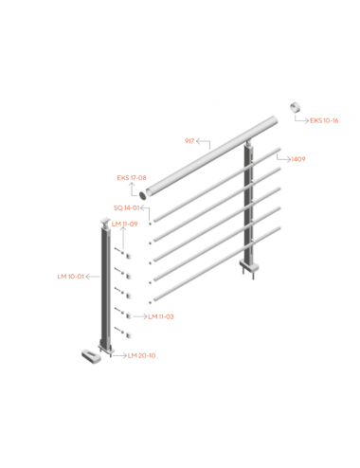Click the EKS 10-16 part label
tap(324, 120)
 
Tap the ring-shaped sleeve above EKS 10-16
tap(296, 107)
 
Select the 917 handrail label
tap(189, 141)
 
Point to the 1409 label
tap(298, 159)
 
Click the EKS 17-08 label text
tap(132, 178)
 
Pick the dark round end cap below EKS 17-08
tap(143, 195)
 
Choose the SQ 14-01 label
tap(126, 207)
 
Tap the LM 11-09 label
tap(125, 224)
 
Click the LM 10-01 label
tap(71, 277)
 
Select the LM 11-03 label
tap(161, 316)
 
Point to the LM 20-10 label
tap(141, 355)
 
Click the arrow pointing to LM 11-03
tap(140, 316)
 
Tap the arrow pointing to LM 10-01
tap(93, 277)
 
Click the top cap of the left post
tap(105, 221)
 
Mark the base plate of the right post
tap(249, 265)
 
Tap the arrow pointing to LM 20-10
tap(119, 355)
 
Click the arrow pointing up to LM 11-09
tap(123, 238)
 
